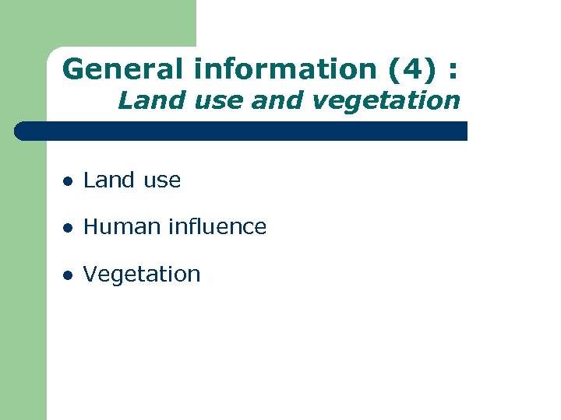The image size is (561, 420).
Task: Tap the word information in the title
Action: click(x=285, y=69)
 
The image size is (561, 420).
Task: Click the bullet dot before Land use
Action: click(x=68, y=181)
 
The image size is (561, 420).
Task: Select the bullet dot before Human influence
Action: click(x=68, y=228)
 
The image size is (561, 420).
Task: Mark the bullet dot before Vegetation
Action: click(x=68, y=275)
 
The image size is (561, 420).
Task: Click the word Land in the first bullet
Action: click(x=105, y=180)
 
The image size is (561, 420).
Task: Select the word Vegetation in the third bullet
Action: click(x=142, y=275)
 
